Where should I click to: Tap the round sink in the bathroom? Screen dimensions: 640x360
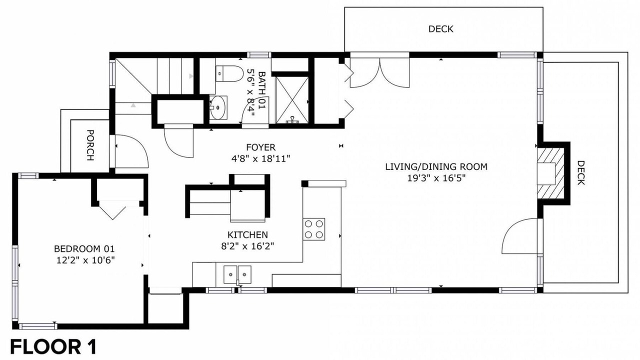coord(218,107)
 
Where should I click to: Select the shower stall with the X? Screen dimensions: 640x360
coord(292,100)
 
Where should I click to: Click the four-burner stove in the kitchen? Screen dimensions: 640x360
coord(313,229)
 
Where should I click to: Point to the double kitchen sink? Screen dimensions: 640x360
coord(237,275)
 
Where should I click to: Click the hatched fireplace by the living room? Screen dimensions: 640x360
coord(551,173)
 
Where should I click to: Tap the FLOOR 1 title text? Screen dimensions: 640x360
coord(53,347)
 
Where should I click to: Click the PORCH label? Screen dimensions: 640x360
coord(90,145)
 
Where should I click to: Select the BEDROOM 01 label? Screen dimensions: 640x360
coord(84,249)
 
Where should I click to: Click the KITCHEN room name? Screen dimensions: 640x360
coord(247,235)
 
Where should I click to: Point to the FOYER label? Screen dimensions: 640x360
coord(261,147)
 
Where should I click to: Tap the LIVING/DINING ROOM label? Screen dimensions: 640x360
coord(436,167)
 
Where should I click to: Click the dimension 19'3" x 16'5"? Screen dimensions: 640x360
coord(436,178)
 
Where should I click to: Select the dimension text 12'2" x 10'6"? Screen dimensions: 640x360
coord(85,260)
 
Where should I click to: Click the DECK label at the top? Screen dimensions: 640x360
coord(441,29)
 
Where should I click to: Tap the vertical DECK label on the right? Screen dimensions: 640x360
coord(581,173)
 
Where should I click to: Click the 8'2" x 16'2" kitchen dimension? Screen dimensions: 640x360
coord(247,246)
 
